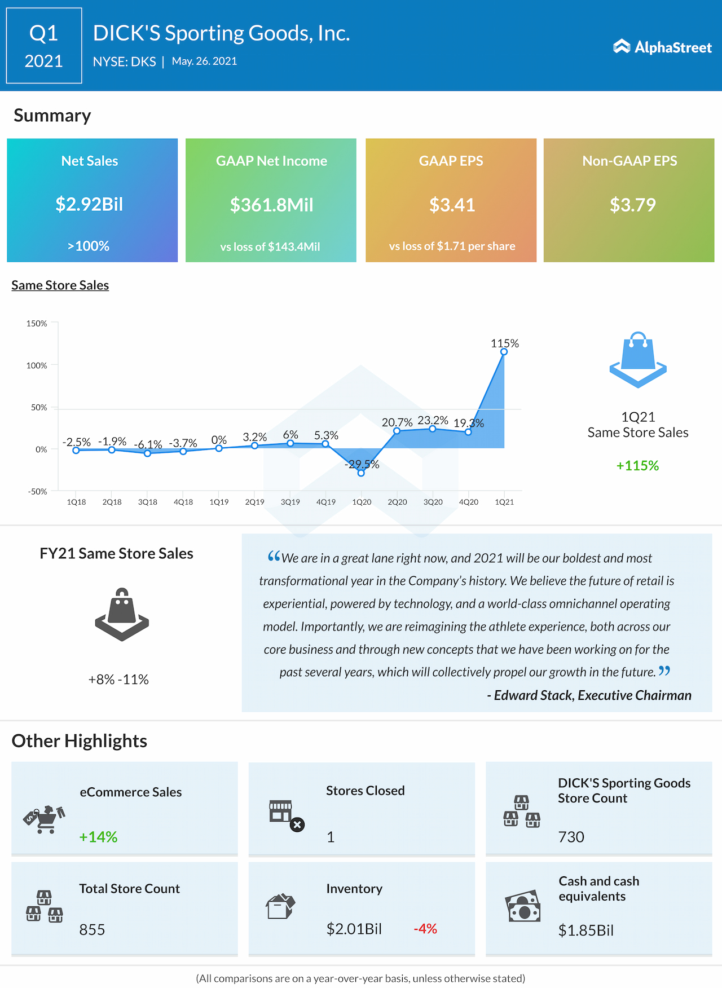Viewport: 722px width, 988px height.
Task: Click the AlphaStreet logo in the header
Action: (662, 47)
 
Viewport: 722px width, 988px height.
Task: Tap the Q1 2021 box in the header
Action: (44, 46)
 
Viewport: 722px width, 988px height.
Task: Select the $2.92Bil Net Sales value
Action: (89, 204)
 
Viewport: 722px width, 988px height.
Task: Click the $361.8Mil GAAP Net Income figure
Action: (271, 205)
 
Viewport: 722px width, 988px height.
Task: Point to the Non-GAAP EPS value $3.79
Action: (632, 205)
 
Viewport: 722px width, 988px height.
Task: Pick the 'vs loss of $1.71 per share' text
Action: (452, 246)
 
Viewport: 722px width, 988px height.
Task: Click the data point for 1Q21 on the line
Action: (504, 352)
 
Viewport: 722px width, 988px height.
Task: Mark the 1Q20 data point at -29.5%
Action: (361, 473)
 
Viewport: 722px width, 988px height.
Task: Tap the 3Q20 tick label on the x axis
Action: (433, 502)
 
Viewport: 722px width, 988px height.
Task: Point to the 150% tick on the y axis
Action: (37, 324)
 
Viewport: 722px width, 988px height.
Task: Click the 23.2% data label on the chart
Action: (433, 420)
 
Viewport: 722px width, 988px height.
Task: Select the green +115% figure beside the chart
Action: (637, 466)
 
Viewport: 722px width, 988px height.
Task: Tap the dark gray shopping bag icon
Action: (122, 614)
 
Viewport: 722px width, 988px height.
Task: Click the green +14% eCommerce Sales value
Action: (98, 837)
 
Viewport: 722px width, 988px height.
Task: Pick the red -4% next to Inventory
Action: (425, 929)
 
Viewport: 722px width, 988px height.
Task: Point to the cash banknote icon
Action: (523, 906)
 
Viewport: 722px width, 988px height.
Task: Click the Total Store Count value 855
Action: (92, 930)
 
